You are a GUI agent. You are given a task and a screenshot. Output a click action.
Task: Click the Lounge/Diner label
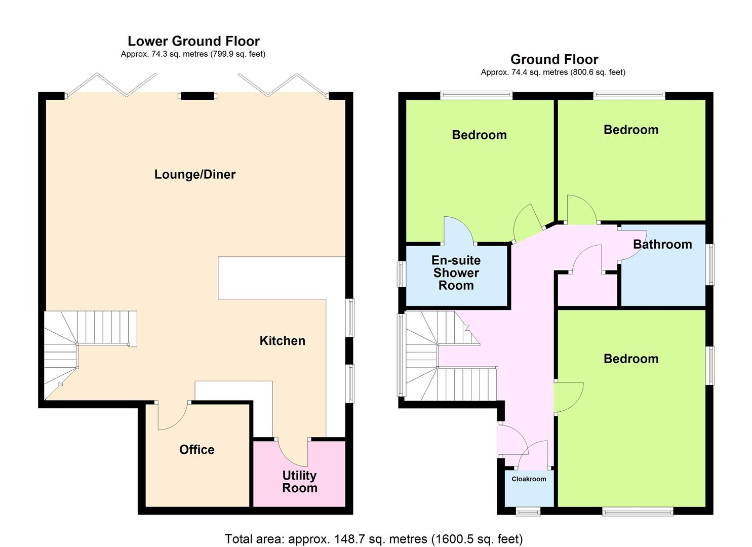coord(195,175)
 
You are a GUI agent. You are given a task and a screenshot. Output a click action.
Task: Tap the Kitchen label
coord(283,341)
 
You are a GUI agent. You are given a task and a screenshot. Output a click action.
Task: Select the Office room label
coord(196,450)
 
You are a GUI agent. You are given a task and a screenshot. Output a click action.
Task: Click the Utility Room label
coord(299,482)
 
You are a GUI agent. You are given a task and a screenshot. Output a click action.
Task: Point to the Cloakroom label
coord(529,479)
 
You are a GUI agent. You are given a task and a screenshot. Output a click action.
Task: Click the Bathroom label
coord(662,245)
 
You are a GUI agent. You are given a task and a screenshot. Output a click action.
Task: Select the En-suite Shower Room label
coord(456,272)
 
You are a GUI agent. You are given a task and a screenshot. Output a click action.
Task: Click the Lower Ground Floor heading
coord(194,41)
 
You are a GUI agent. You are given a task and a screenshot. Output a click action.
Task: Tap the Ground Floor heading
coord(555,59)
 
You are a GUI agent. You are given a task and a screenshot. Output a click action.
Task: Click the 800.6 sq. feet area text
coord(598,72)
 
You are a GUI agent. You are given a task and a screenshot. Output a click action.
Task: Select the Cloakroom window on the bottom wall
coord(528,512)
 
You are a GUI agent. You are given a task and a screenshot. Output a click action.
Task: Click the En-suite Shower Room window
coord(401,274)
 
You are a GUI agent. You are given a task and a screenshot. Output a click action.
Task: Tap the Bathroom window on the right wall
coord(711,264)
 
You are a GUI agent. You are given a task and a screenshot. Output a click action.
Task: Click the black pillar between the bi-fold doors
coord(197,96)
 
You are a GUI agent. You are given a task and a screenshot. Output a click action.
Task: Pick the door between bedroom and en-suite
coord(459,230)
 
